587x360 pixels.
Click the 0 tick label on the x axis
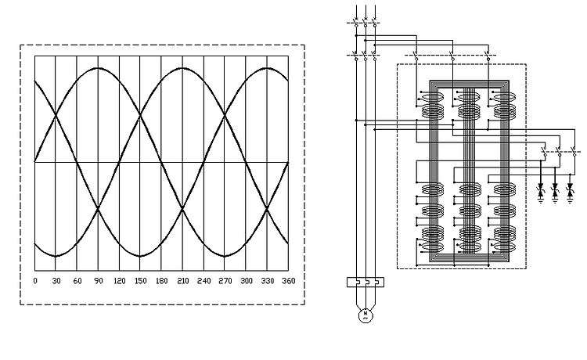coord(35,281)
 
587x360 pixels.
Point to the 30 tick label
coord(56,281)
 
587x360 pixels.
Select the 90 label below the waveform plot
coord(99,281)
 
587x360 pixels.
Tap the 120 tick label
coord(120,281)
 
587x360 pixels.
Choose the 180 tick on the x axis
coord(162,281)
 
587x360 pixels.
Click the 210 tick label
coord(182,281)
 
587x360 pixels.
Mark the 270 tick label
coord(225,281)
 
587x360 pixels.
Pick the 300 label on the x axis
coord(247,281)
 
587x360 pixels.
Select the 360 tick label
coord(289,281)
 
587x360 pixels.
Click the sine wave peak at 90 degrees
coord(98,68)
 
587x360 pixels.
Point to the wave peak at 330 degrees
coord(267,68)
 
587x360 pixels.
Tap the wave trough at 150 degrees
coord(140,257)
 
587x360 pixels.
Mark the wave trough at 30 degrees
coord(56,257)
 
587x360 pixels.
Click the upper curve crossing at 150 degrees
coord(140,115)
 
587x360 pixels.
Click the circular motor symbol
coord(366,315)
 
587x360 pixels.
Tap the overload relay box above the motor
coord(366,283)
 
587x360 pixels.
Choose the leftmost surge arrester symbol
coord(540,192)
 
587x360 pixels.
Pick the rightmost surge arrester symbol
coord(570,192)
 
